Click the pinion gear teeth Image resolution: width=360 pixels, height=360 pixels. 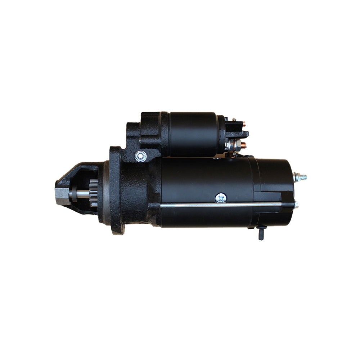(94, 193)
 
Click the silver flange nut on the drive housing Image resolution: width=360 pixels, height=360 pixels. (140, 156)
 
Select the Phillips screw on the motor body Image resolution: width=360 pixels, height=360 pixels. (221, 197)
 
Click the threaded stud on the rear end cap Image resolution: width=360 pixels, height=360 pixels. (301, 177)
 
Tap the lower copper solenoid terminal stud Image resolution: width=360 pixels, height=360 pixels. (244, 145)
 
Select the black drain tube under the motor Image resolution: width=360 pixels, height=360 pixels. (261, 233)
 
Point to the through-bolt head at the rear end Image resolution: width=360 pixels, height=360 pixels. (296, 205)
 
